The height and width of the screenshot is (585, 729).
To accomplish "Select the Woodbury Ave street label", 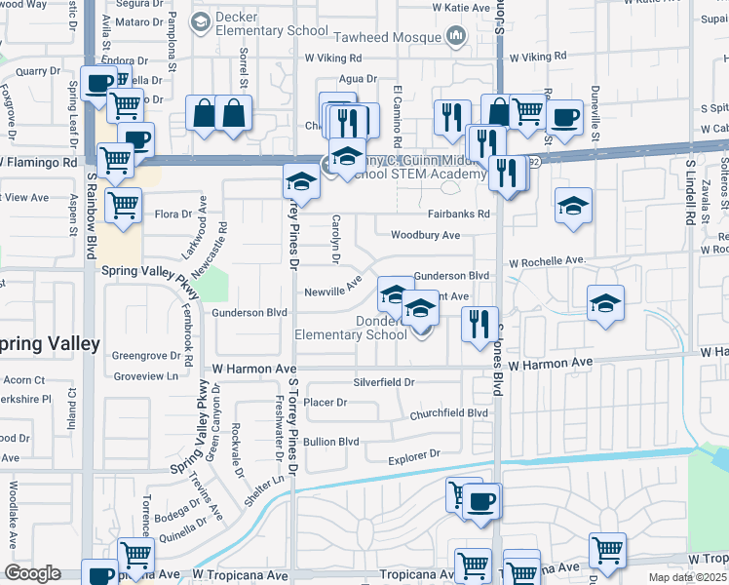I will point(425,235).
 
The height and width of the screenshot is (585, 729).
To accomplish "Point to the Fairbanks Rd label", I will point(457,214).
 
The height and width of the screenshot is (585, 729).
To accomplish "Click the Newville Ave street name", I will point(332,292).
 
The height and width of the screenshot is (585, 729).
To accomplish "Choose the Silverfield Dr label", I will point(384,382).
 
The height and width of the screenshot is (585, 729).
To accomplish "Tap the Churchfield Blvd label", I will point(448,412).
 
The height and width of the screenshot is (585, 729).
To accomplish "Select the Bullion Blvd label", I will point(331,441).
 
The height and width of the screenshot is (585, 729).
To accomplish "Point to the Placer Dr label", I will point(326,402).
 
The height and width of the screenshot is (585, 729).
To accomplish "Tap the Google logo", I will point(32,573).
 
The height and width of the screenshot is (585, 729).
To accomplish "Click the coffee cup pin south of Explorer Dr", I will point(480,501).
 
